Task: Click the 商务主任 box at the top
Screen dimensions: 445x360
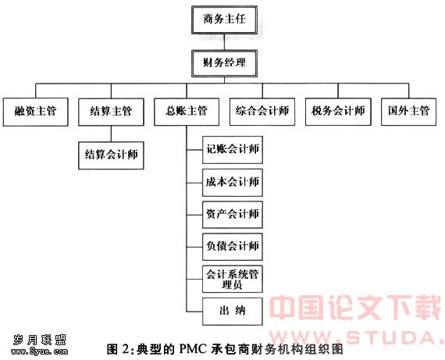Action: [x=224, y=20]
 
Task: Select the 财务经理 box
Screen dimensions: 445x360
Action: [x=224, y=63]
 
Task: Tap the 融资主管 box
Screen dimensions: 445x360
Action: [x=35, y=112]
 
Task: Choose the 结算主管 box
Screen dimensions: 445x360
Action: [x=111, y=112]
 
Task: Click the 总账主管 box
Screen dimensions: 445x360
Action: [x=187, y=112]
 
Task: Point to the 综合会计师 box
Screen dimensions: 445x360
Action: [x=262, y=112]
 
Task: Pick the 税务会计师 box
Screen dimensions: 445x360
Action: [x=338, y=112]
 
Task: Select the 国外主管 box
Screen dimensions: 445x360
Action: [x=408, y=112]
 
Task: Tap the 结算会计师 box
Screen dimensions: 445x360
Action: [x=111, y=155]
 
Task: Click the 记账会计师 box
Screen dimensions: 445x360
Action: [x=233, y=150]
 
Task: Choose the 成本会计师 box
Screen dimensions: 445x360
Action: [x=233, y=183]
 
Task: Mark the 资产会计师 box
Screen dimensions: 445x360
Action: [x=233, y=215]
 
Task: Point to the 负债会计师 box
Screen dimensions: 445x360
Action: [x=233, y=247]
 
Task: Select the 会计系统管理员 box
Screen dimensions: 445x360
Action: [x=233, y=279]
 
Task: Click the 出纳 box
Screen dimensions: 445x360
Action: [x=233, y=312]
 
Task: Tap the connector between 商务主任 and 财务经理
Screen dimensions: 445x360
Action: [x=224, y=42]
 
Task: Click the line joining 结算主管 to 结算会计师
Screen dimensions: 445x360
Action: [x=111, y=134]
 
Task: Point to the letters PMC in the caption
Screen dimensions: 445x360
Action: [x=193, y=349]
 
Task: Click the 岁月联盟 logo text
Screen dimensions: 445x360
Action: [x=40, y=340]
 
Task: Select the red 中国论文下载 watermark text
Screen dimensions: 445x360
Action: [x=355, y=308]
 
